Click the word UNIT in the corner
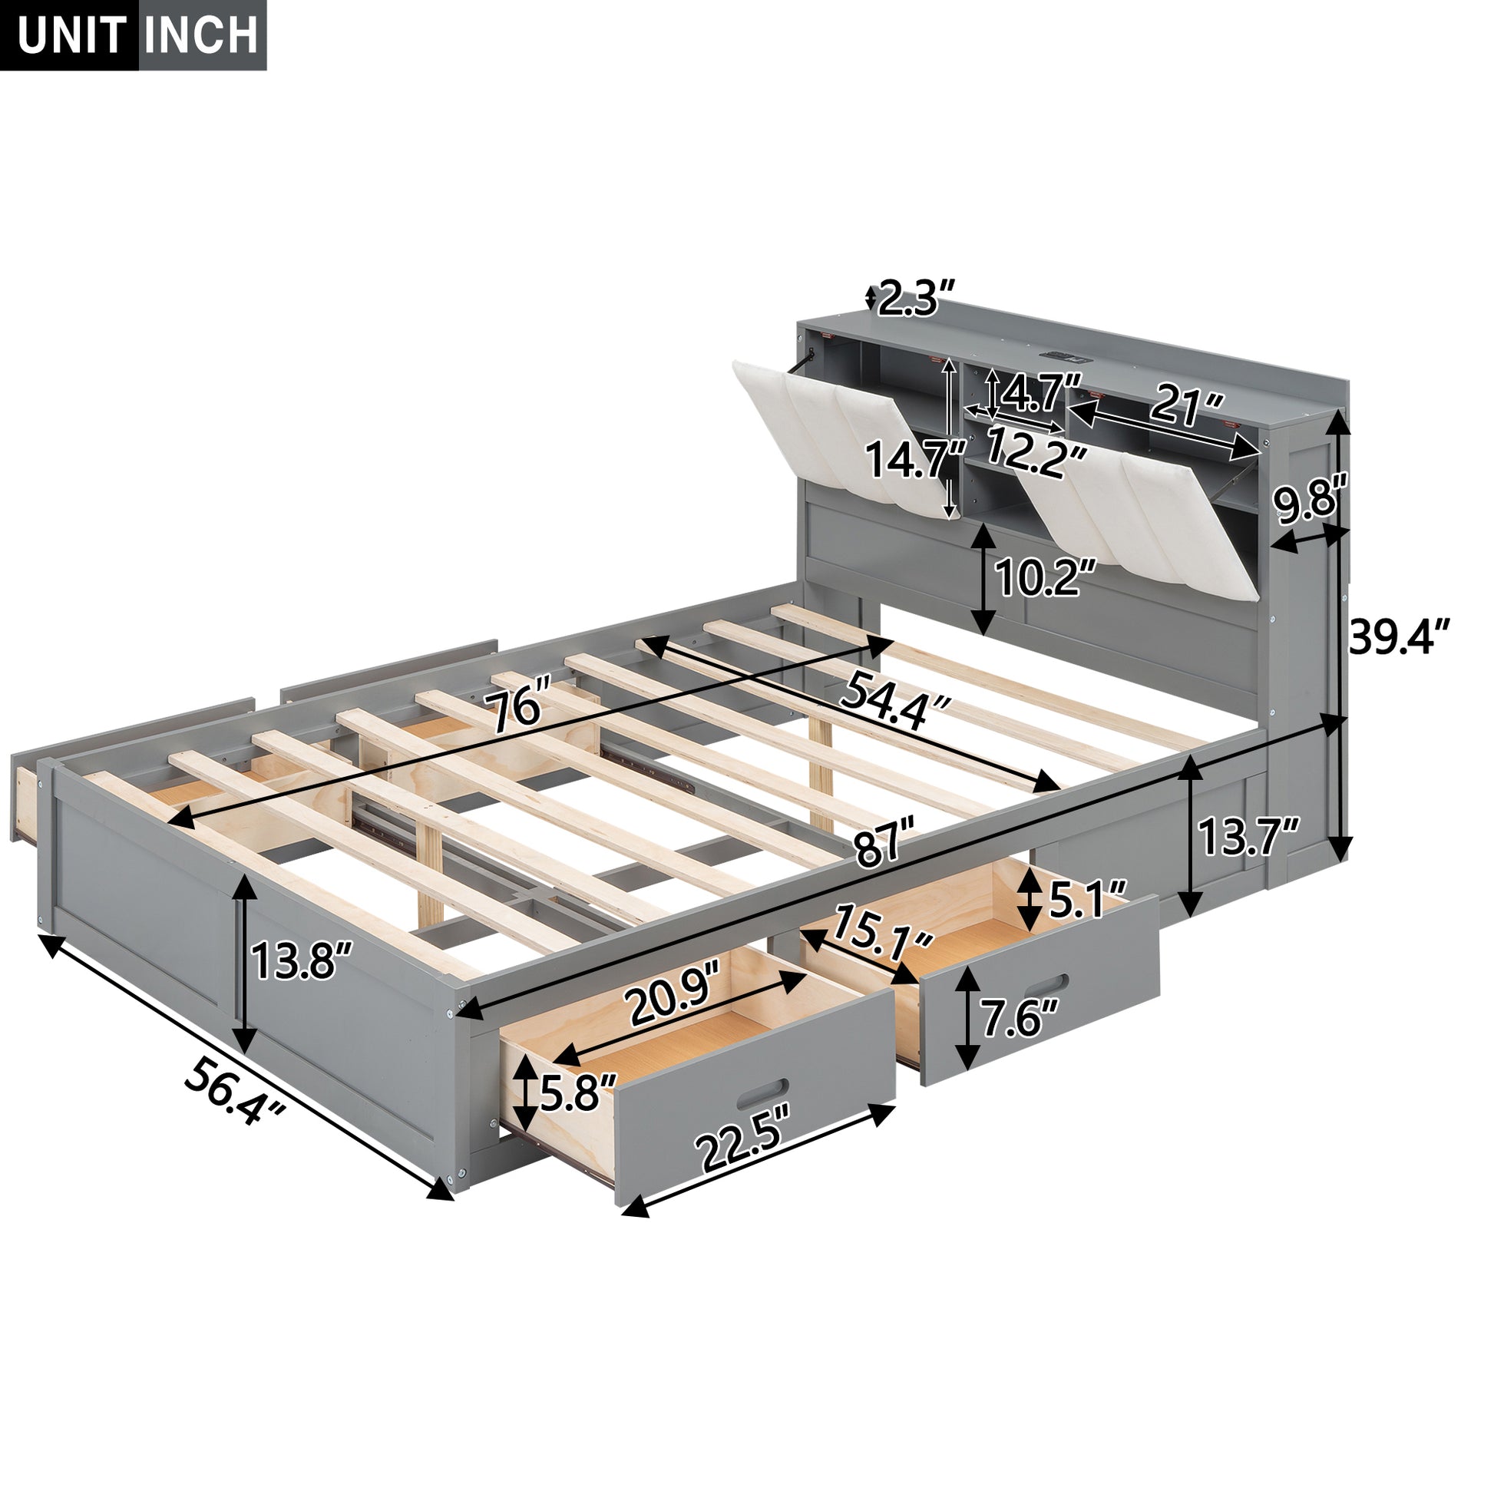point(72,35)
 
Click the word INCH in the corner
point(202,35)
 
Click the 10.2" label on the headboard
point(1046,577)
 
